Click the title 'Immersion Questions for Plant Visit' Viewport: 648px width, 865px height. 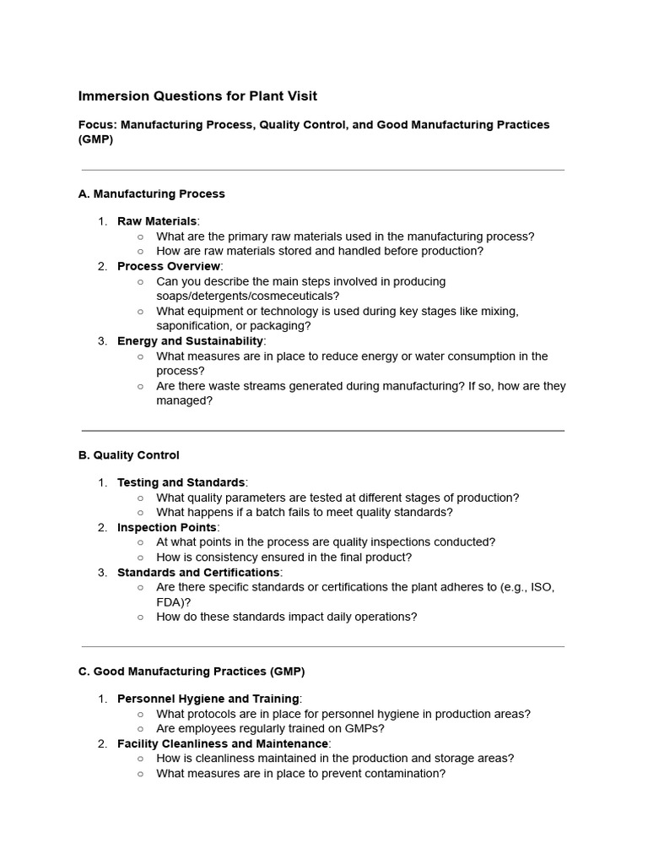tap(197, 96)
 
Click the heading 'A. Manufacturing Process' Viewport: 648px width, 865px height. tap(151, 193)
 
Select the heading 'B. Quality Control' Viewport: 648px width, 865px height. tap(128, 455)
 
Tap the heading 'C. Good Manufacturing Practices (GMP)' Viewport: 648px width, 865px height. tap(191, 672)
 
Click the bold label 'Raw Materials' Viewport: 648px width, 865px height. tap(157, 221)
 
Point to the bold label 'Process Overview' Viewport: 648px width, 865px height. tap(169, 266)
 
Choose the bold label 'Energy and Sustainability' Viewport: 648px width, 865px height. tap(190, 341)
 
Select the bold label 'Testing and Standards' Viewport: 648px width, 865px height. tap(181, 482)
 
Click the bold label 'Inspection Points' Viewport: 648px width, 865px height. tap(166, 528)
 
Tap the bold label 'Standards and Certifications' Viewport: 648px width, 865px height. tap(198, 573)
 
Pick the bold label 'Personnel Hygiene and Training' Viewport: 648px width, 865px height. tap(208, 699)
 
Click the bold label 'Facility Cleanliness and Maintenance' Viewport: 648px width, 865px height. tap(222, 743)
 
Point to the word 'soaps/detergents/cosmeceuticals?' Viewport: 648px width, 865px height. tap(248, 296)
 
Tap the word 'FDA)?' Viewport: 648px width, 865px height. tap(174, 602)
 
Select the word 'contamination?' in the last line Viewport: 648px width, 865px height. tap(403, 773)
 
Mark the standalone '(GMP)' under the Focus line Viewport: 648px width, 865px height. tap(95, 140)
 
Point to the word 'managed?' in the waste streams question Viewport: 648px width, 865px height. tap(184, 401)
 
